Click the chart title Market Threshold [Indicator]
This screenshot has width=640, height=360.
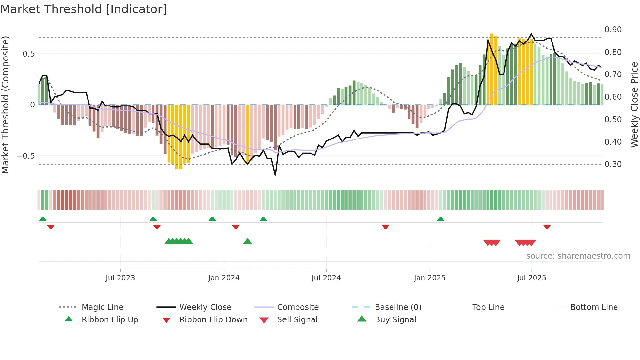pos(84,9)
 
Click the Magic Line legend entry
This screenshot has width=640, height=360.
pos(102,307)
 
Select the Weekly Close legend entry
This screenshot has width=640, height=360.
pos(205,307)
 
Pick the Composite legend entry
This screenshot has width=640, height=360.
pos(297,307)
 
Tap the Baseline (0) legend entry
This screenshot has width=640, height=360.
pos(398,307)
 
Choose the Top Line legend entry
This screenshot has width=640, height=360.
pos(488,307)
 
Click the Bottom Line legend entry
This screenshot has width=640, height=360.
pos(594,307)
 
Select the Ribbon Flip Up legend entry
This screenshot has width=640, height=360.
pos(110,320)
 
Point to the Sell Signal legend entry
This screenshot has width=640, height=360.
pos(297,320)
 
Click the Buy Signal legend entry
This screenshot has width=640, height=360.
pos(395,320)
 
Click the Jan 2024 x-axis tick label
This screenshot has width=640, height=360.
pos(224,278)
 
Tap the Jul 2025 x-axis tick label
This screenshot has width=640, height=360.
pos(531,278)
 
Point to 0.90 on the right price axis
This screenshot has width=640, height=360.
pos(613,30)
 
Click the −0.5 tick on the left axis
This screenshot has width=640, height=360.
pos(26,156)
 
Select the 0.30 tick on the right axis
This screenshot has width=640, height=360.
pos(613,164)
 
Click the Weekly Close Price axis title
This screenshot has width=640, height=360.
pos(634,105)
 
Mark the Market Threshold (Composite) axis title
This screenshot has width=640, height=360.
pos(5,105)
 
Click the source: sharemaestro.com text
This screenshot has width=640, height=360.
pos(578,256)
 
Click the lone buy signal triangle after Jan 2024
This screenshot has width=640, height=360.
pos(248,241)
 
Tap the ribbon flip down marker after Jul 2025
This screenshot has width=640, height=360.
pos(547,227)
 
